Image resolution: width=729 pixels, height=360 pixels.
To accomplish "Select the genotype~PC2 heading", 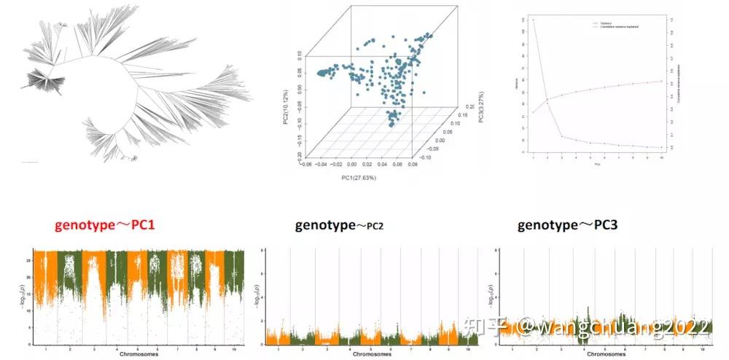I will pos(339,225).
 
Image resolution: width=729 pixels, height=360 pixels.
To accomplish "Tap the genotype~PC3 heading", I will pos(567,225).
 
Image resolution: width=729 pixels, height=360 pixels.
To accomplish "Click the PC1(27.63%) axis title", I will pos(355,179).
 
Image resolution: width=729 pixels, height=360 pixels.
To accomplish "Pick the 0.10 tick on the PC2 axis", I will pos(299,55).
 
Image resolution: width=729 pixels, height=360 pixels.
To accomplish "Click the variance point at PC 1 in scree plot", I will pos(534,20).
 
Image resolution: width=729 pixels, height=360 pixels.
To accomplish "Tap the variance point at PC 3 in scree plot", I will pos(562,136).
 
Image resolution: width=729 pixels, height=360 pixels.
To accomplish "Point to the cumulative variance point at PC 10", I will pos(661,81).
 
